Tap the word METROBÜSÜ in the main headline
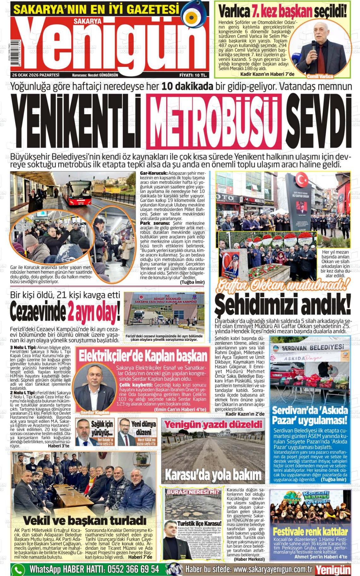point(214,121)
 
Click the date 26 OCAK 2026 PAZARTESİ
point(36,75)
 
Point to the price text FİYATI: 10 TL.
point(193,75)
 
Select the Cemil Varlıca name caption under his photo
point(320,76)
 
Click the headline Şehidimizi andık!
point(282,304)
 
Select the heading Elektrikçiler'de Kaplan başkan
point(143,356)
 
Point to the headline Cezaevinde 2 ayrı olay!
point(65,312)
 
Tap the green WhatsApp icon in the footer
point(18,569)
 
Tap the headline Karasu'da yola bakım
point(213,475)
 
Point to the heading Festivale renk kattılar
point(310,531)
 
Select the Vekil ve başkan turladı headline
point(85,520)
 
